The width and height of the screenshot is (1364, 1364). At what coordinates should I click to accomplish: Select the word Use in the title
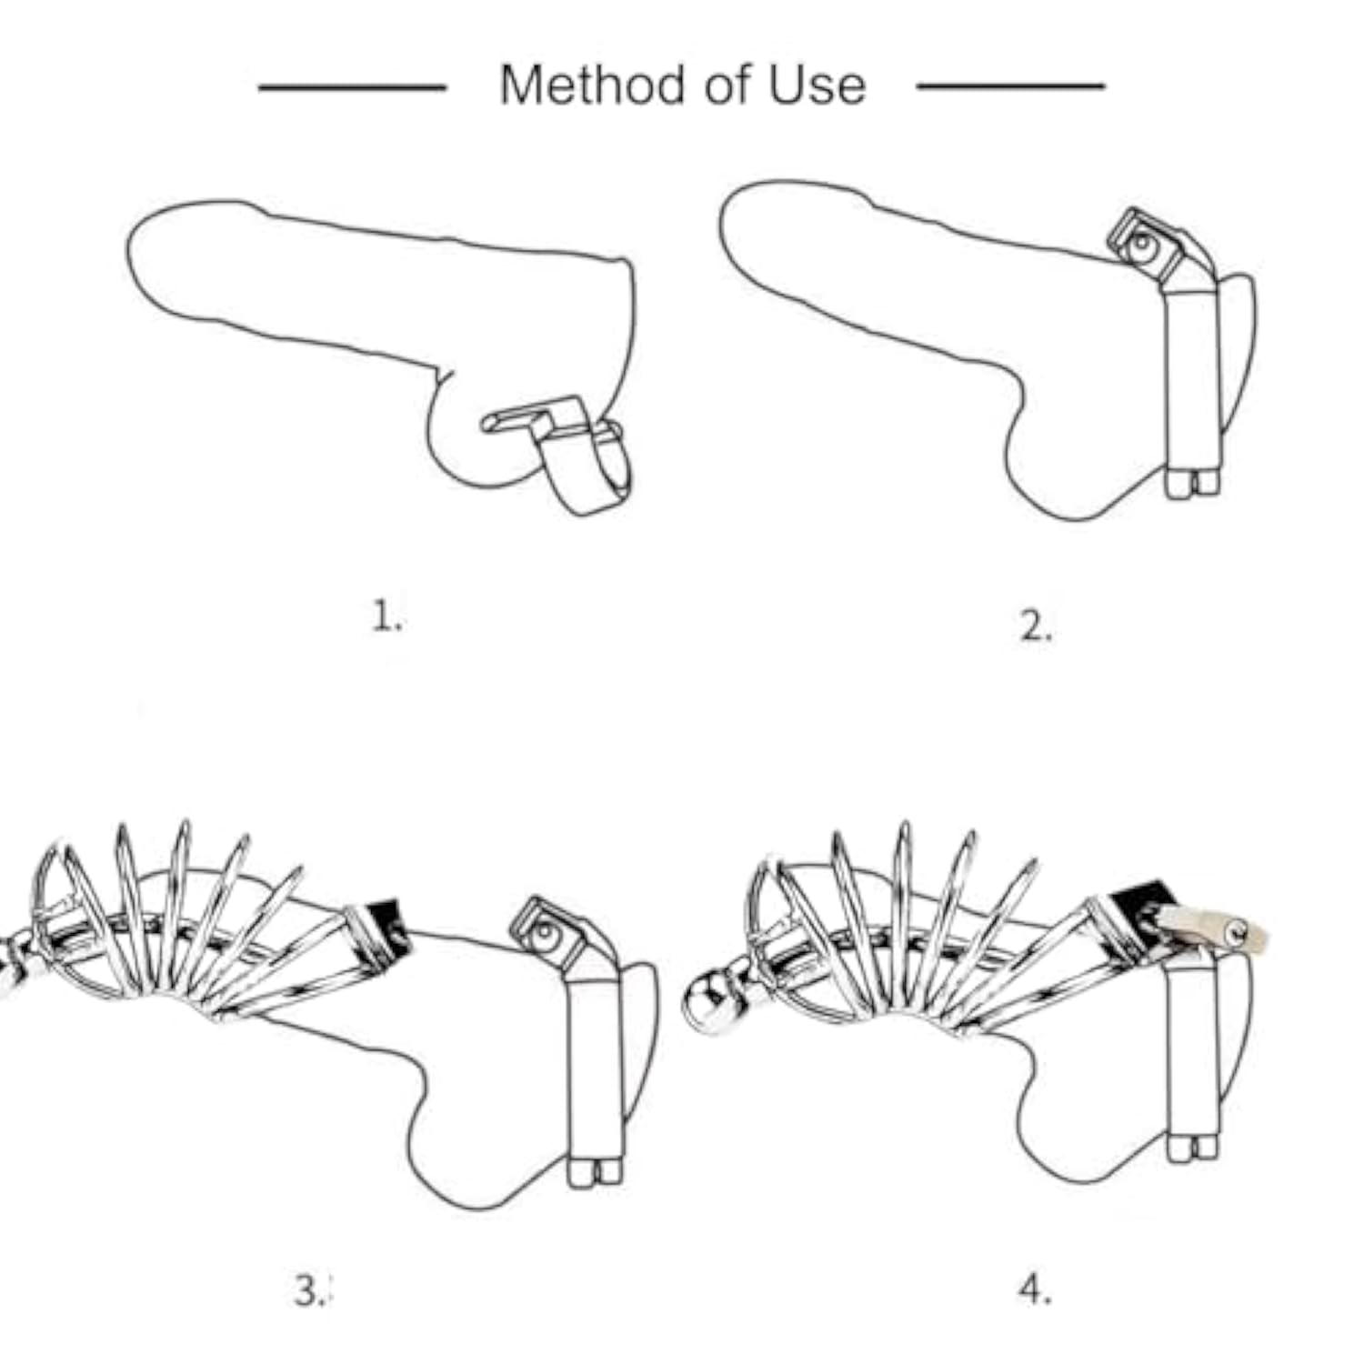point(817,85)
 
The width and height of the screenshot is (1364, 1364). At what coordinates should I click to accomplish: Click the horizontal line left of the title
point(353,88)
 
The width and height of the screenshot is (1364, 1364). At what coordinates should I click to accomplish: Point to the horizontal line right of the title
point(1010,86)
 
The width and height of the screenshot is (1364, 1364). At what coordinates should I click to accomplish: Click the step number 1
point(386,617)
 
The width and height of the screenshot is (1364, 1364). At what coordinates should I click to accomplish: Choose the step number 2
point(1035,627)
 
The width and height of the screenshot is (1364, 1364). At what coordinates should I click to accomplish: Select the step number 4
point(1035,1289)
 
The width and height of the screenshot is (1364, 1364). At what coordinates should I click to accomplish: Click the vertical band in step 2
point(1192,377)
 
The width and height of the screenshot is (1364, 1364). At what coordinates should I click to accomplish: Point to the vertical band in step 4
point(1192,1046)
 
